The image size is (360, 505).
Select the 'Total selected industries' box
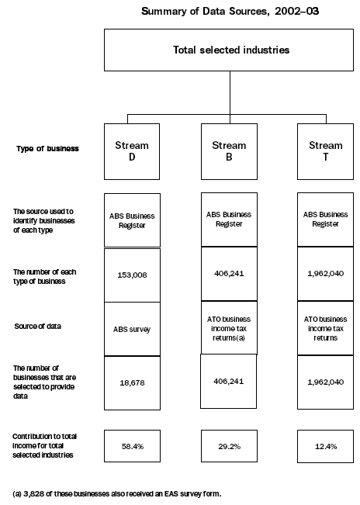pos(230,50)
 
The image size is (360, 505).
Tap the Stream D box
pos(131,151)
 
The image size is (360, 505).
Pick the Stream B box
pos(228,151)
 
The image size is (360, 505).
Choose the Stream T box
pos(325,151)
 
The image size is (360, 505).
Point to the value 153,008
pos(131,274)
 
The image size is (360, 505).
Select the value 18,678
pos(131,382)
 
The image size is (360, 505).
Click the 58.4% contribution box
pos(131,448)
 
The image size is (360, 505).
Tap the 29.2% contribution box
pos(228,448)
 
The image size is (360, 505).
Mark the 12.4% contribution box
pos(325,448)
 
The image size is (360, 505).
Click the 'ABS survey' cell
pos(131,328)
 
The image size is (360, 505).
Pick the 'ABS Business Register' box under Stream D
pos(131,220)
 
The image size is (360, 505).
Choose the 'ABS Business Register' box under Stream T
pos(325,220)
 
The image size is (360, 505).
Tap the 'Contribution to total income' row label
pos(45,447)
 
